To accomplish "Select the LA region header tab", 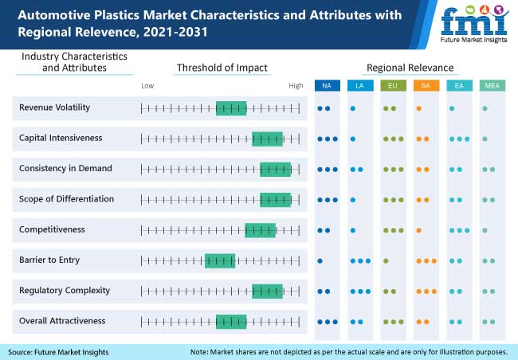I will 360,86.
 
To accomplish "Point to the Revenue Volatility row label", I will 54,108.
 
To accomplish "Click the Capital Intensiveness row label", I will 61,138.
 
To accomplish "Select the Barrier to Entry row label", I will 49,260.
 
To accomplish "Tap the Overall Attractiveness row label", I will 62,320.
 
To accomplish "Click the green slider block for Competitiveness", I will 260,230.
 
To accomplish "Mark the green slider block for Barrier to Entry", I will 220,260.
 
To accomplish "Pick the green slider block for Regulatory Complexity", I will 267,291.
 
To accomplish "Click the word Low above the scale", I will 147,85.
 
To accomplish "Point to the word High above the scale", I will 296,85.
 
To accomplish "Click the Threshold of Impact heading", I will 222,68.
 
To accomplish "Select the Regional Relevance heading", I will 410,68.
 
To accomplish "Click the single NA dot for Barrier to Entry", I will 320,260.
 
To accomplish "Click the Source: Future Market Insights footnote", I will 58,351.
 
